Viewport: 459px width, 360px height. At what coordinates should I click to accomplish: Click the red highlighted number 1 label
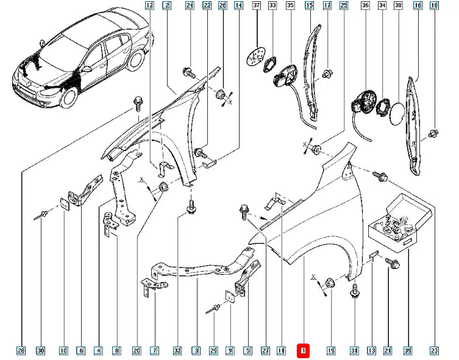(303, 351)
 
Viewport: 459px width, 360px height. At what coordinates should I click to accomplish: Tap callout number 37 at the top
(256, 6)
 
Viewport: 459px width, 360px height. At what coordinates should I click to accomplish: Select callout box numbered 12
(149, 6)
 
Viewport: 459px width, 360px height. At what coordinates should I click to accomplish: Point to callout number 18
(433, 6)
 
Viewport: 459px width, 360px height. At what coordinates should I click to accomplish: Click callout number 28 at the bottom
(21, 351)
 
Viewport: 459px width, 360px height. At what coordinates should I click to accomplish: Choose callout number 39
(408, 351)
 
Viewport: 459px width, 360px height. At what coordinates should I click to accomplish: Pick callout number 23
(434, 351)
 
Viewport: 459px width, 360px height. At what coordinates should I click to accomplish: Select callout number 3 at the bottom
(196, 351)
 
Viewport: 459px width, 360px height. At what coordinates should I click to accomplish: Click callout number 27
(265, 351)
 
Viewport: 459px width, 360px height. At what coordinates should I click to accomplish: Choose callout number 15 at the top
(309, 6)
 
